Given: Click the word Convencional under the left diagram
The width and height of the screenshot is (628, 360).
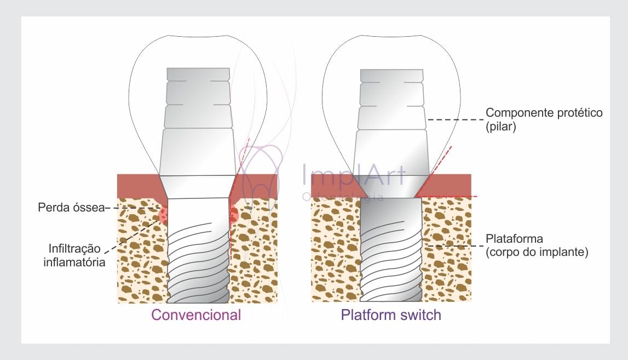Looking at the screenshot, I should pyautogui.click(x=196, y=315).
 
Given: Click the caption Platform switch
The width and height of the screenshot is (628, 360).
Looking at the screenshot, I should pyautogui.click(x=391, y=315).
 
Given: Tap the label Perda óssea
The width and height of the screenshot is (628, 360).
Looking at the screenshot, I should pyautogui.click(x=71, y=208).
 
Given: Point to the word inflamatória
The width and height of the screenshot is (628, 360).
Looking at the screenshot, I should pyautogui.click(x=74, y=262).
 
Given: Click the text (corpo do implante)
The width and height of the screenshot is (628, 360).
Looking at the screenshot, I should pyautogui.click(x=537, y=253).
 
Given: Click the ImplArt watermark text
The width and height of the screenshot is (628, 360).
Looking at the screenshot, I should pyautogui.click(x=354, y=175).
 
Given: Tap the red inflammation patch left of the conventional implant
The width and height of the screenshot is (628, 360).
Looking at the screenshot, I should pyautogui.click(x=163, y=214).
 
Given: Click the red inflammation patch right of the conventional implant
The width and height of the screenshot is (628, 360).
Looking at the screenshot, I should pyautogui.click(x=234, y=214).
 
